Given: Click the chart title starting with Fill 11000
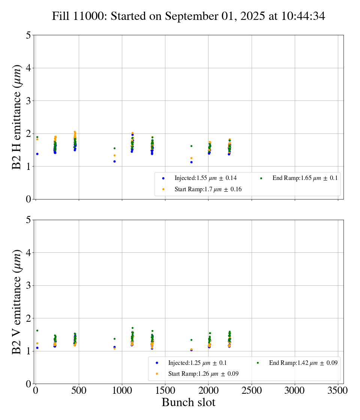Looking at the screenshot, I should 189,16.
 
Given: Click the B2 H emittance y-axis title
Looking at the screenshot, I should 17,117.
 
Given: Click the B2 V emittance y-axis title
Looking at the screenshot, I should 17,301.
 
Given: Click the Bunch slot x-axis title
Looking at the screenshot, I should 189,403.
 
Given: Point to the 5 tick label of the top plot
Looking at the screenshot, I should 28,35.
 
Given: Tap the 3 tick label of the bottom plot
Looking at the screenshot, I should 28,285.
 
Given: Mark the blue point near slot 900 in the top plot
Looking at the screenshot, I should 114,161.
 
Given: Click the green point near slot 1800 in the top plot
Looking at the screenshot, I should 191,146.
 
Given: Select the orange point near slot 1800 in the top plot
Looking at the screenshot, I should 191,158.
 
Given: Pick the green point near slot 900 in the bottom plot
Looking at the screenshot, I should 114,339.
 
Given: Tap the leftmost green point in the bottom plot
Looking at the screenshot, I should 37,330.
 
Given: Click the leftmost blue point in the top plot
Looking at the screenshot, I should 37,154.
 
